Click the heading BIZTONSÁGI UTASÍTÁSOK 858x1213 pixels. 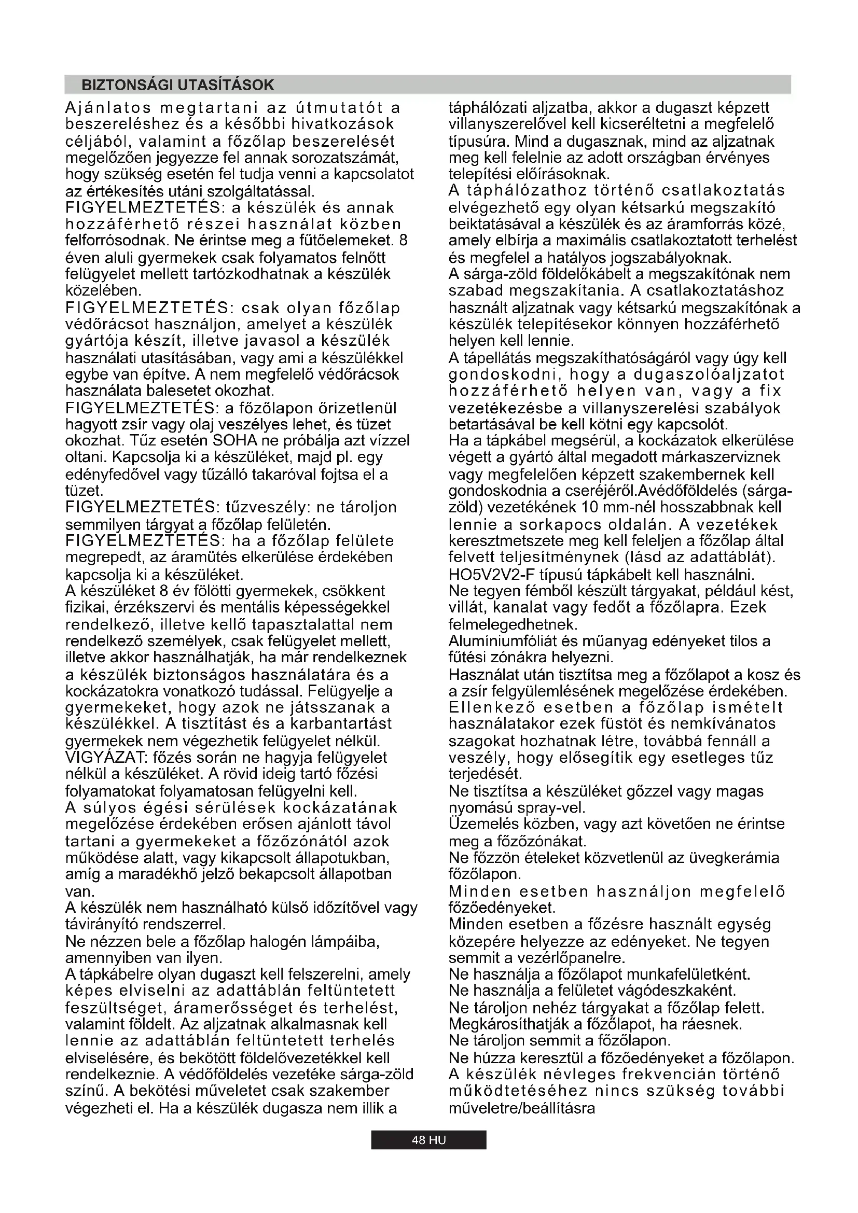177,85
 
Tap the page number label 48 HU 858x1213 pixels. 428,1139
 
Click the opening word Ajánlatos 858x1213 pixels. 108,108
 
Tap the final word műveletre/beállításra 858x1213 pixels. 521,1108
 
